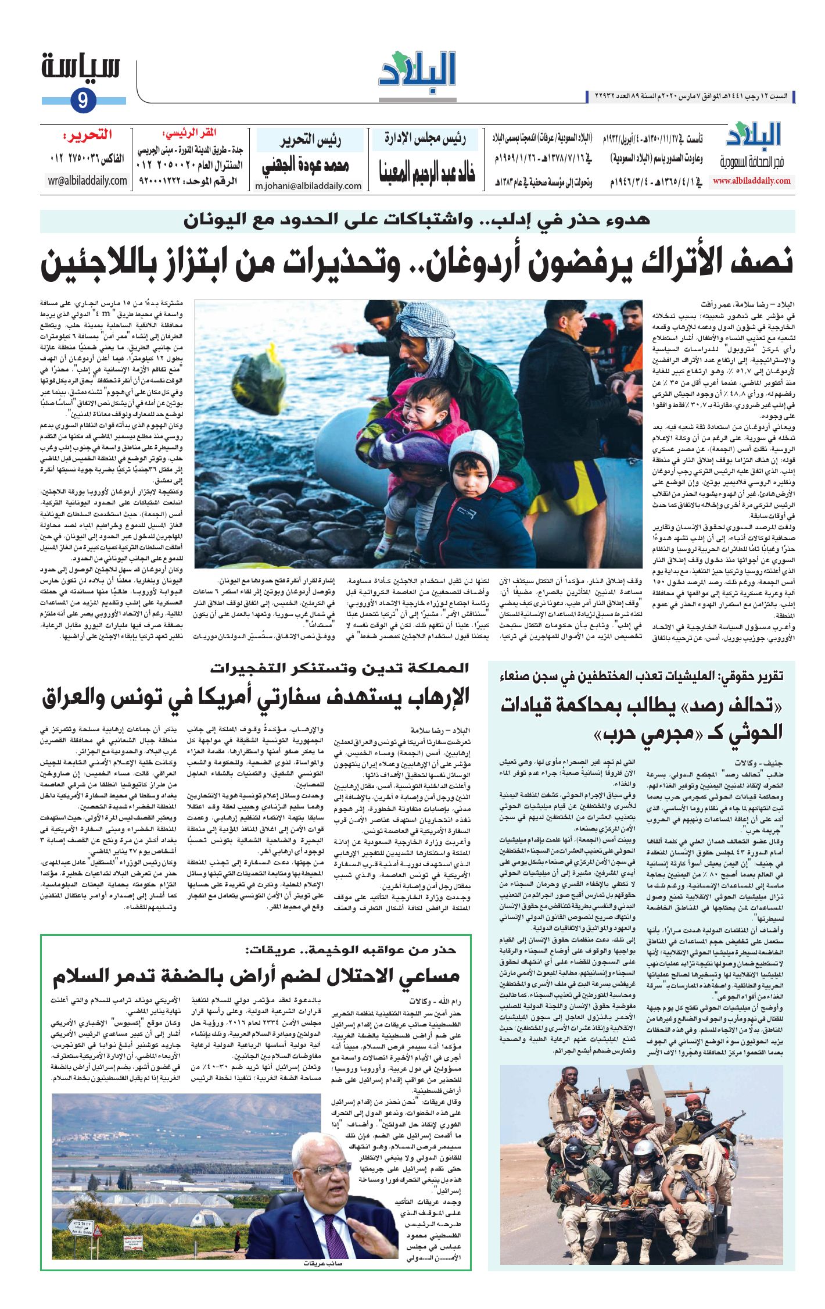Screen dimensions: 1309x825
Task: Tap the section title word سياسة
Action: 81,68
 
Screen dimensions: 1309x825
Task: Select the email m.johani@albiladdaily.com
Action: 308,186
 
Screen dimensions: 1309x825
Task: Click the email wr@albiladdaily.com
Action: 88,181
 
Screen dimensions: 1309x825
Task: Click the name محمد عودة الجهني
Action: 306,166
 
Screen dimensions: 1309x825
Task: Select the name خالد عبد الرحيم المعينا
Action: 427,169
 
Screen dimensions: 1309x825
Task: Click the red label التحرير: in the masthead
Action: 87,137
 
